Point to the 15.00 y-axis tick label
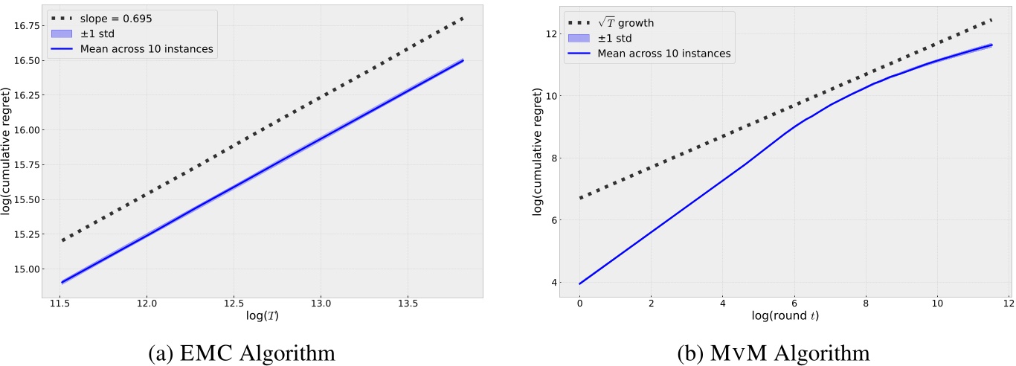pyautogui.click(x=22, y=269)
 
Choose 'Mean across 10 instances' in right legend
pyautogui.click(x=664, y=54)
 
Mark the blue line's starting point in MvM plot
pyautogui.click(x=579, y=283)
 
